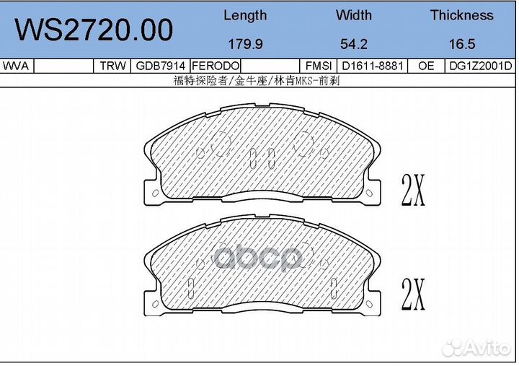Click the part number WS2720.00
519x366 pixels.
pos(94,30)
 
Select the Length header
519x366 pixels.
pos(244,15)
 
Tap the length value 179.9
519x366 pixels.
pos(244,44)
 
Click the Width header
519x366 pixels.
pos(353,15)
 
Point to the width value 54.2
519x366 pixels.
pos(353,44)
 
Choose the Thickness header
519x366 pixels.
pos(461,15)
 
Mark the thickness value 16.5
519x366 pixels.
pos(461,44)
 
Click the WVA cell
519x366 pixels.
pos(16,66)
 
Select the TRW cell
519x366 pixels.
pos(112,66)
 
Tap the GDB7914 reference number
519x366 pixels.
pos(160,66)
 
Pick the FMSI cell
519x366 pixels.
pos(318,66)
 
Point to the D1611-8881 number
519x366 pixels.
pos(373,66)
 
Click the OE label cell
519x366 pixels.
pos(425,66)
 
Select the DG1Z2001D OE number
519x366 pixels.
pos(479,66)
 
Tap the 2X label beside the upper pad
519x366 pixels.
pos(413,191)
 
